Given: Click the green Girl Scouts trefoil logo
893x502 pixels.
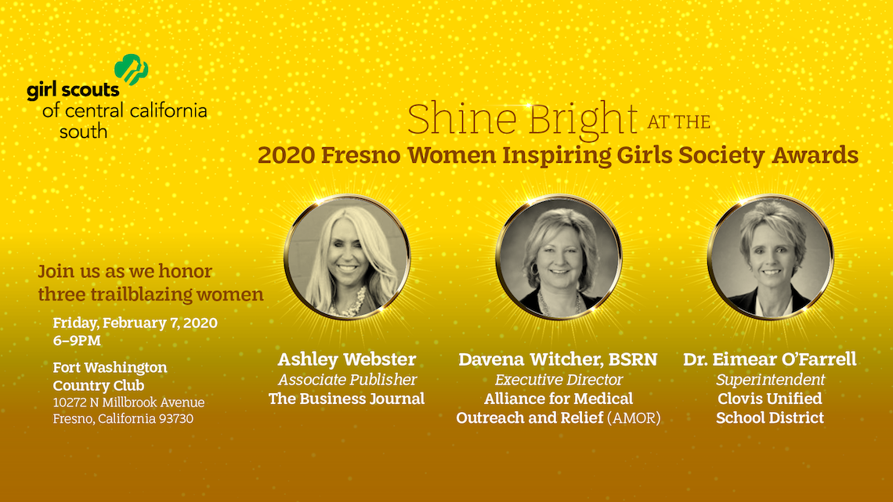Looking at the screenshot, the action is pos(132,70).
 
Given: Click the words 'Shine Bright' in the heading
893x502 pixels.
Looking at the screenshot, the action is pos(522,120).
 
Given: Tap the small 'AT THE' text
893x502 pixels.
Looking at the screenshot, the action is pos(679,122).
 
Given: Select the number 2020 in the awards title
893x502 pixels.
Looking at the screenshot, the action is pos(286,155).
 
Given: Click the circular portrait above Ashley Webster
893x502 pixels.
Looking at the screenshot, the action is pos(347,258).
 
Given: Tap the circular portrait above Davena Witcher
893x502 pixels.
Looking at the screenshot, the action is pos(559,258).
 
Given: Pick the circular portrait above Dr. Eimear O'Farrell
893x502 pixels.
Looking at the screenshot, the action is pos(771,258).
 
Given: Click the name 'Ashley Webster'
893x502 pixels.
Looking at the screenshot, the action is pos(347,359).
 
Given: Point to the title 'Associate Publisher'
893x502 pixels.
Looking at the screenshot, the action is pos(347,380).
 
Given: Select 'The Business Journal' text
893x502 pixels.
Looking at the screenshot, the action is pos(346,399).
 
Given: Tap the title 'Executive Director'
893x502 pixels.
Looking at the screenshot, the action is pos(559,380).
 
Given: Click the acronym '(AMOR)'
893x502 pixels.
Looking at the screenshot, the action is pos(634,418).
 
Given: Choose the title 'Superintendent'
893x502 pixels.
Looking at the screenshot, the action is pos(771,380).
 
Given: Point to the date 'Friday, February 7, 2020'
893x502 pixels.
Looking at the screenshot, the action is pos(135,323).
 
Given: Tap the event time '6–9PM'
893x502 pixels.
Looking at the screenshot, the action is pos(77,341).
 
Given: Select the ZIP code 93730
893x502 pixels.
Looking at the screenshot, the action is pos(176,419).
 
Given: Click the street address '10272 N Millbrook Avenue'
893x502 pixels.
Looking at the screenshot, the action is pos(128,403).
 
